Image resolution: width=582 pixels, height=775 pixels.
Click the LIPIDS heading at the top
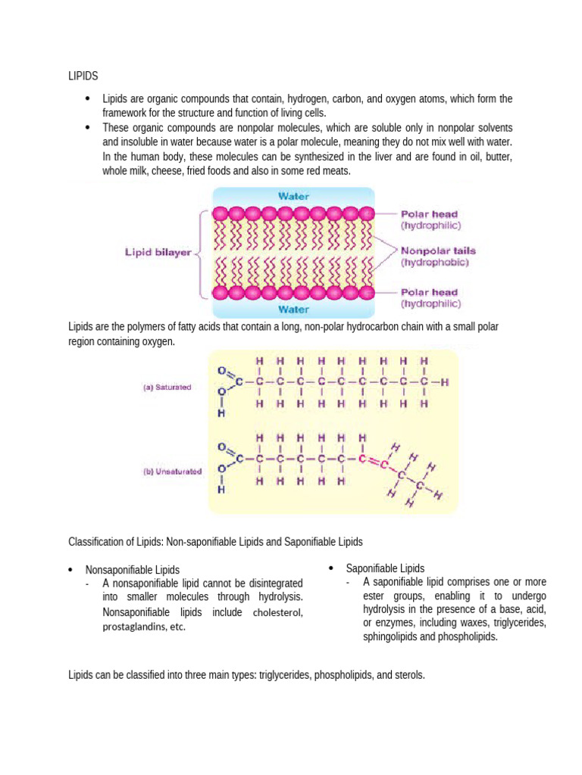[83, 76]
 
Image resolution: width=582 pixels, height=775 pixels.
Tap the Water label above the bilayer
[293, 195]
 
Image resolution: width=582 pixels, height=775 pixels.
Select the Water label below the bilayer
[293, 309]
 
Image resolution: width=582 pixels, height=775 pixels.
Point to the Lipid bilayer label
[158, 254]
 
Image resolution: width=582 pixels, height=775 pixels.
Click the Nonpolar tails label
[438, 251]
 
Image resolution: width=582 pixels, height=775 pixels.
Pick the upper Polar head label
[429, 214]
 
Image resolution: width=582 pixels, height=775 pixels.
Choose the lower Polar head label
[429, 292]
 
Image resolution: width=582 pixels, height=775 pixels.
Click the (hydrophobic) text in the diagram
[435, 263]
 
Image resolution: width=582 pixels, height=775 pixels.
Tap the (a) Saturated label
[167, 387]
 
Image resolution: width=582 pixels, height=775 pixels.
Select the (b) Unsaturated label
[173, 471]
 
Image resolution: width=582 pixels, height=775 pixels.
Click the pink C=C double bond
[372, 459]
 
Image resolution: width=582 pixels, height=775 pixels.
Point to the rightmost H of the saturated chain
[445, 383]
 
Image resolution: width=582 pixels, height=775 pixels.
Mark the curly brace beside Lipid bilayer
[201, 254]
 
